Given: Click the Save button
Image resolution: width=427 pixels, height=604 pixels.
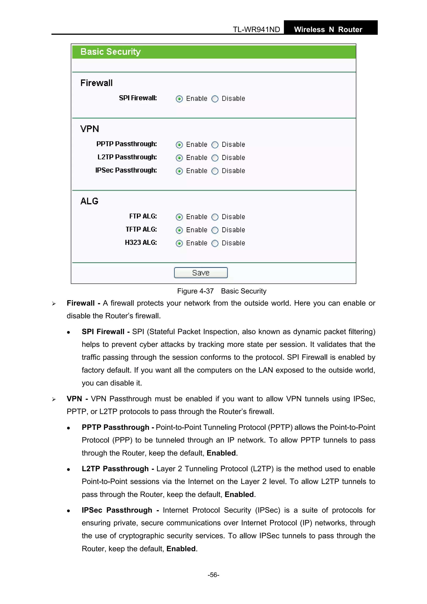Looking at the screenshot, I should pyautogui.click(x=201, y=272).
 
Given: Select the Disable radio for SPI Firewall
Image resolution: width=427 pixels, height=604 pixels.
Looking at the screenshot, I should pyautogui.click(x=215, y=99).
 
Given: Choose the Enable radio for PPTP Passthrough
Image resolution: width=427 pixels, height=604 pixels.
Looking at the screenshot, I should pyautogui.click(x=179, y=145).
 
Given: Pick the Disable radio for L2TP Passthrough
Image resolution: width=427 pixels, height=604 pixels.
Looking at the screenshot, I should pyautogui.click(x=215, y=158).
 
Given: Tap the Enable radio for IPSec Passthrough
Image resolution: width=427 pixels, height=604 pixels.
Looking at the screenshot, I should pyautogui.click(x=179, y=171).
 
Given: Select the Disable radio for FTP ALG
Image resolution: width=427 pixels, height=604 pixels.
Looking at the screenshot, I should pyautogui.click(x=215, y=217).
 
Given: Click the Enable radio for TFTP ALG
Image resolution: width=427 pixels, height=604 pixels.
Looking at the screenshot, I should pyautogui.click(x=179, y=230).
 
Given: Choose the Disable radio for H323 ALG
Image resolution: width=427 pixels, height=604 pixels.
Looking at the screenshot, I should pyautogui.click(x=215, y=243).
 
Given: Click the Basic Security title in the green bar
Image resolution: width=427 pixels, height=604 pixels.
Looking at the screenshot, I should pyautogui.click(x=111, y=52).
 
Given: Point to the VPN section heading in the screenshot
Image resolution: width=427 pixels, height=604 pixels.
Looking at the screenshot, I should pyautogui.click(x=90, y=129).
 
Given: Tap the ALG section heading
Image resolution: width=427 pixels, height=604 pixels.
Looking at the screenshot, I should pyautogui.click(x=89, y=201).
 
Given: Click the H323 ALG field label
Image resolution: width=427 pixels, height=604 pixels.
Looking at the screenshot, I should pyautogui.click(x=141, y=242).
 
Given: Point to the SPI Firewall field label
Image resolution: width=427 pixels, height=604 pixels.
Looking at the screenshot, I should pyautogui.click(x=138, y=98).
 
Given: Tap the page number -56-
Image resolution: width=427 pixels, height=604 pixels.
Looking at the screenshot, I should pyautogui.click(x=213, y=575).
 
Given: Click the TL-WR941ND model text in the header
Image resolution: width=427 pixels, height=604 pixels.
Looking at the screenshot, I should pyautogui.click(x=256, y=29).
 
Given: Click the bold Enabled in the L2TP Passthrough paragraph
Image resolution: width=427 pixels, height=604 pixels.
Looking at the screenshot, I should pyautogui.click(x=239, y=495).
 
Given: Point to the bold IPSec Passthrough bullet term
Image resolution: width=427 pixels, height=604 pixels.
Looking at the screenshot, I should pyautogui.click(x=117, y=510).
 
